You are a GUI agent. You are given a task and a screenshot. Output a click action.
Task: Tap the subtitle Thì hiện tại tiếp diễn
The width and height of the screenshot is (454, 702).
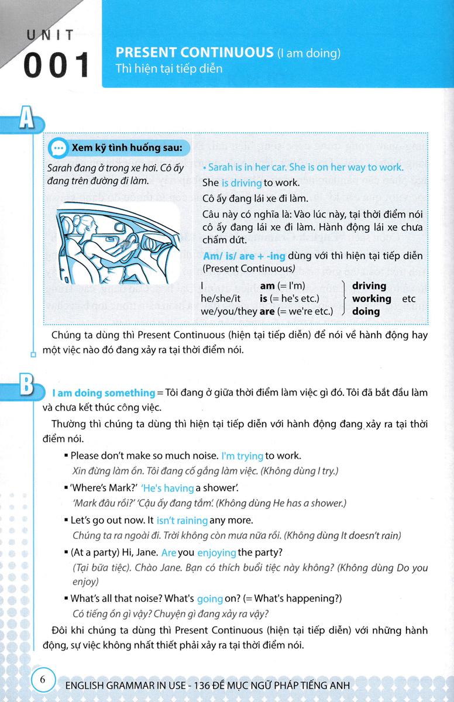click(170, 69)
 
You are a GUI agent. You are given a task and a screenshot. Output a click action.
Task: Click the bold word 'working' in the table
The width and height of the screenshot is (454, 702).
click(372, 298)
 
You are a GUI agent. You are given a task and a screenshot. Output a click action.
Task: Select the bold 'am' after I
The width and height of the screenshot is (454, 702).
click(267, 286)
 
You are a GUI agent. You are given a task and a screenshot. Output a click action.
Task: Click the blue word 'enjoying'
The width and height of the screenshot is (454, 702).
click(216, 552)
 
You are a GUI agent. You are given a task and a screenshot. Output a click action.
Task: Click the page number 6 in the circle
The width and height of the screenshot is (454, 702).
click(43, 680)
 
